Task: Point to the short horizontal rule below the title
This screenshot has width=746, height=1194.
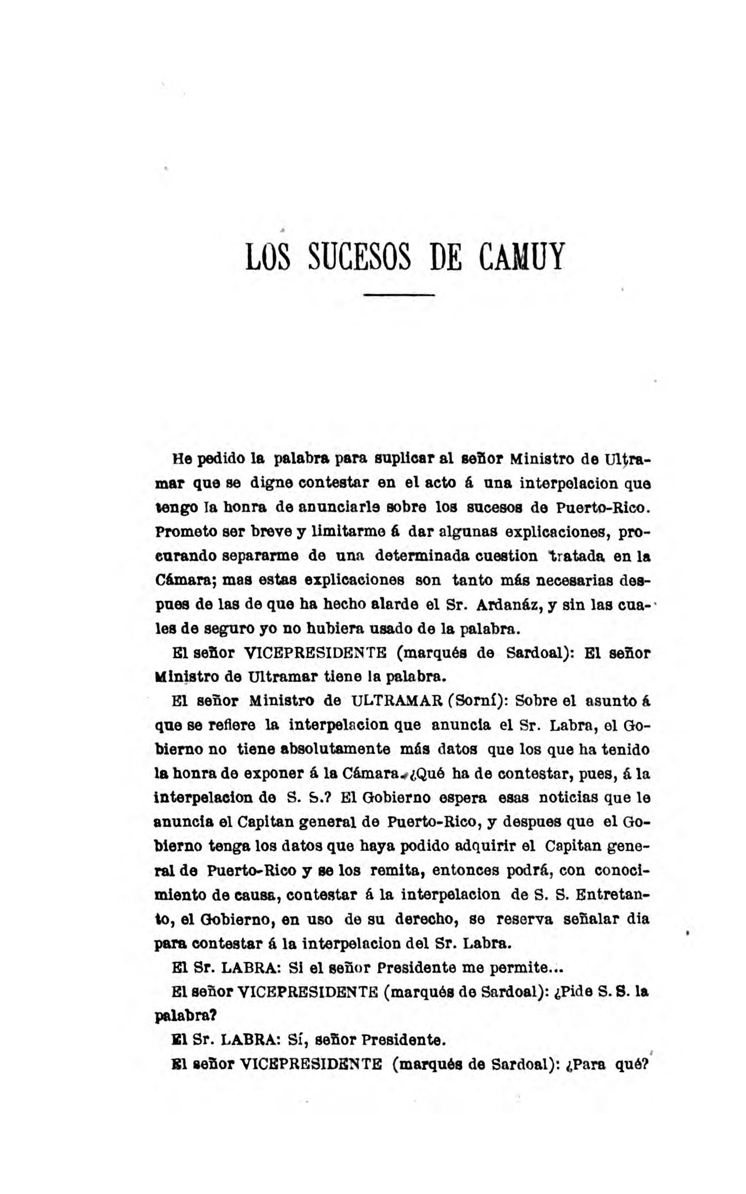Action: (x=399, y=295)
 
